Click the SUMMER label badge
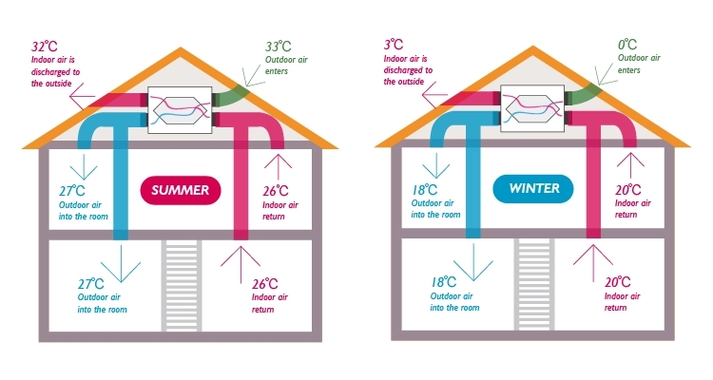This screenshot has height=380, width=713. tap(182, 190)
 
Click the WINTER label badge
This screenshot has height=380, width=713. tap(532, 189)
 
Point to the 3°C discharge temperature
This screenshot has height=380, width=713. tap(393, 44)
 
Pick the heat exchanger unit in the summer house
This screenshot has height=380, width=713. tap(181, 108)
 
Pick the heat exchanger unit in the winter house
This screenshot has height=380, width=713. tap(532, 108)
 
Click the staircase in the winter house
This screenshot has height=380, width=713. tap(533, 284)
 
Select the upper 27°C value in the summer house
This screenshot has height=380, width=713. tap(72, 190)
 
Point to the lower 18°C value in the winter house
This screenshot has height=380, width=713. tap(444, 283)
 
